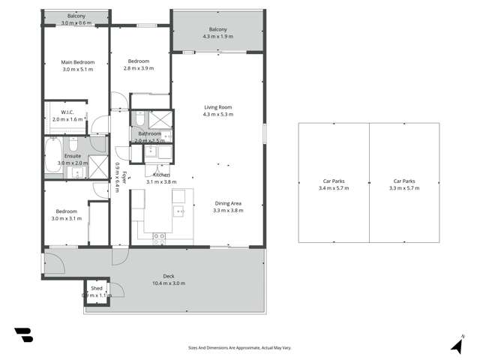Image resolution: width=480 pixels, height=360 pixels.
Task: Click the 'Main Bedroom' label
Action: pos(76,61)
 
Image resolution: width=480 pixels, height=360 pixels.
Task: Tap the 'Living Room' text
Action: pos(219,107)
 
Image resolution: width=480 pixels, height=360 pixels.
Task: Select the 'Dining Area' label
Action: pos(229,202)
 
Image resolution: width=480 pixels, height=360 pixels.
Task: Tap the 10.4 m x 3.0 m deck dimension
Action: pos(169,283)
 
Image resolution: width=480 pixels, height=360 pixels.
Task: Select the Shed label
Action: pos(97,288)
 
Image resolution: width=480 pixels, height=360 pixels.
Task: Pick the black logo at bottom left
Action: pos(23,335)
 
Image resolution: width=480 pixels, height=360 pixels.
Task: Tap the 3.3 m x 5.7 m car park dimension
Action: pos(404,188)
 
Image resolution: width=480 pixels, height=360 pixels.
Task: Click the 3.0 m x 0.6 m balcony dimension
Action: pos(76,23)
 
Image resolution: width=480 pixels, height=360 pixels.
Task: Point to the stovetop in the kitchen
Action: pos(159,237)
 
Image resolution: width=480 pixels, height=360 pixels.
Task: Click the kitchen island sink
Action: pos(178,211)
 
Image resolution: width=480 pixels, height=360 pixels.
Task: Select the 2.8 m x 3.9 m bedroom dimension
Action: pos(138,68)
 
